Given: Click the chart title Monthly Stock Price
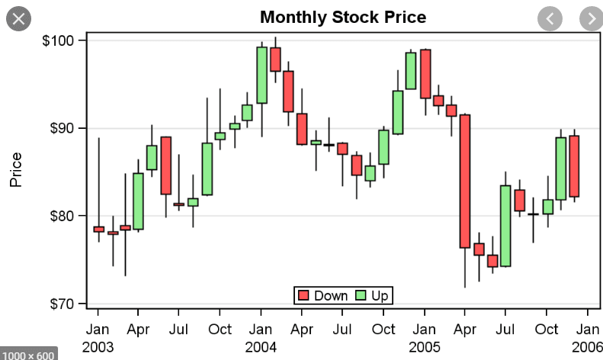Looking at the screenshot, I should click(x=342, y=17).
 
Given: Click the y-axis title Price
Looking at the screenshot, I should click(x=16, y=169).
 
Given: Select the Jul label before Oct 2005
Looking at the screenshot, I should click(x=505, y=329).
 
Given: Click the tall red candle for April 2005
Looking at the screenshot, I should click(x=465, y=181).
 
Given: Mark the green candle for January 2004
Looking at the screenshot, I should click(x=261, y=75).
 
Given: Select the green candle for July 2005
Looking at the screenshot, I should click(x=505, y=226).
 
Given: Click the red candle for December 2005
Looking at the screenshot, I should click(x=574, y=166).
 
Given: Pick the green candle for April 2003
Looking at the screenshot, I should click(x=138, y=201).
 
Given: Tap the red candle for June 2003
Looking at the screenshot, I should click(x=165, y=166).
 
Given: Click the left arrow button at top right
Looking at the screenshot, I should click(x=550, y=18).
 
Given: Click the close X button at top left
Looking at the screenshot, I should click(x=18, y=18).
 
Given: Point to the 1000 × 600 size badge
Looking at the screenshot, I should click(x=27, y=355).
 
